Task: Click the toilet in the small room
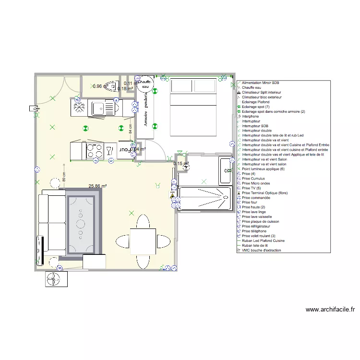pyautogui.click(x=110, y=86)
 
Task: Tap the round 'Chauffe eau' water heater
pyautogui.click(x=144, y=84)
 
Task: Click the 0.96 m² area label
pyautogui.click(x=97, y=86)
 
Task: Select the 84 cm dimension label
pyautogui.click(x=130, y=130)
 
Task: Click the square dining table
pyautogui.click(x=143, y=241)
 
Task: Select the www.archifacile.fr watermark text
pyautogui.click(x=330, y=310)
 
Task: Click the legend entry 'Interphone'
pyautogui.click(x=251, y=116)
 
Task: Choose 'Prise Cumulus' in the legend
pyautogui.click(x=254, y=179)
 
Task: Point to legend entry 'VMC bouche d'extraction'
pyautogui.click(x=262, y=250)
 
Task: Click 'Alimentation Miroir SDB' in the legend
pyautogui.click(x=261, y=83)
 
